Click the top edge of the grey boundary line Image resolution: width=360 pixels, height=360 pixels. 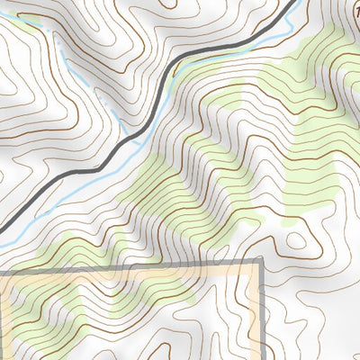(135, 266)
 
